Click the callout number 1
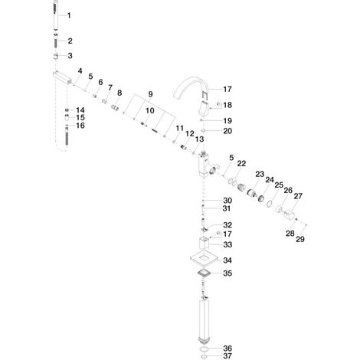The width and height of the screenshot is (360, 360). pos(69,15)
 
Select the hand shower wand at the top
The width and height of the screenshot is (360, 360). pos(56,16)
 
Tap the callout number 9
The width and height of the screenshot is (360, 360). pos(150,94)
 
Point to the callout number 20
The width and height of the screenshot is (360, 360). pos(227,131)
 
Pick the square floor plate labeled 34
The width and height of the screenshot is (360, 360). pos(204,258)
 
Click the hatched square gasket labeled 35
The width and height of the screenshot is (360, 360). pos(204,273)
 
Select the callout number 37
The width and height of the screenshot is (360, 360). pos(227,355)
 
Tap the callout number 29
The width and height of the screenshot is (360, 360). pos(300,239)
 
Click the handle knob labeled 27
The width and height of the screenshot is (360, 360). pos(289,214)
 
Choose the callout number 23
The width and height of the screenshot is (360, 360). pos(260,175)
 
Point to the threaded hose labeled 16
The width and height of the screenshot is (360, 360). pos(67,135)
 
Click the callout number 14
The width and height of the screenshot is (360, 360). pos(80,110)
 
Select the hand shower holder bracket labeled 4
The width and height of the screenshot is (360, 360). pos(62,77)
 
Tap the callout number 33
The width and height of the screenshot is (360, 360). pos(227,244)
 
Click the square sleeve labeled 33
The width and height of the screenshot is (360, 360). pos(204,243)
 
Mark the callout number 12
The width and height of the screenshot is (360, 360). pos(190,133)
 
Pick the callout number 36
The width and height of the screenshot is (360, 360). pos(227,349)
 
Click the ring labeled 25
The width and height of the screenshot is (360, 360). pos(269,204)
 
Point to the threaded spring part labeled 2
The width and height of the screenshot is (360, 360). pos(56,41)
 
